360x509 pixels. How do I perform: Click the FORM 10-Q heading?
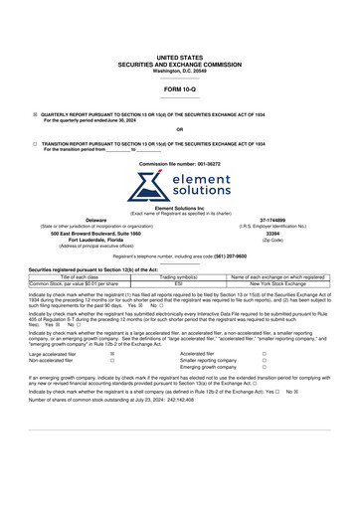pos(179,89)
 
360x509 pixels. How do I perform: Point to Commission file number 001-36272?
pos(180,161)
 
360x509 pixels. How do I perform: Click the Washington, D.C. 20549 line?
pos(179,71)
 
